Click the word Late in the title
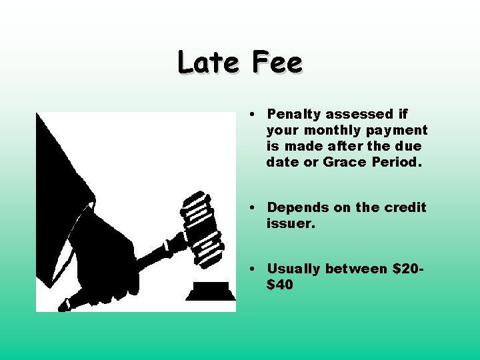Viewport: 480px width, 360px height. pyautogui.click(x=208, y=63)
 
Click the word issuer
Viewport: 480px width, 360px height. pyautogui.click(x=291, y=223)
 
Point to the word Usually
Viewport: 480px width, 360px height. pyautogui.click(x=294, y=269)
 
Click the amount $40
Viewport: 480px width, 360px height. pyautogui.click(x=280, y=285)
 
